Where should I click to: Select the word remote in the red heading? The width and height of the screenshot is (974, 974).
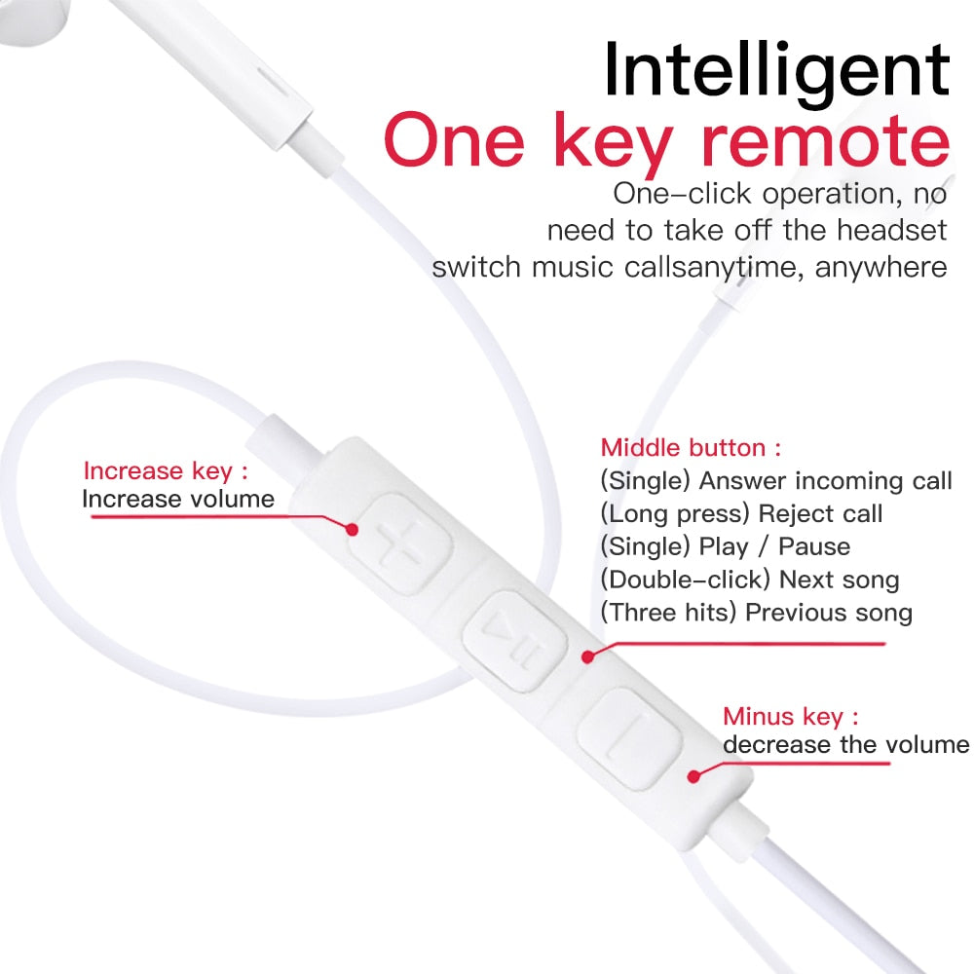pyautogui.click(x=826, y=142)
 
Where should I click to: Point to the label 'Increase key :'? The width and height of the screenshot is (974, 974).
pyautogui.click(x=166, y=471)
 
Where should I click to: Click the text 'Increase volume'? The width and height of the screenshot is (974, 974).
pyautogui.click(x=177, y=500)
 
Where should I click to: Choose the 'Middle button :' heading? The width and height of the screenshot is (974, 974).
pyautogui.click(x=691, y=448)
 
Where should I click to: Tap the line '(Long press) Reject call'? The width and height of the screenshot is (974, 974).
pyautogui.click(x=741, y=513)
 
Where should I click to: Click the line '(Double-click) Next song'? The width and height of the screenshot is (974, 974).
pyautogui.click(x=749, y=580)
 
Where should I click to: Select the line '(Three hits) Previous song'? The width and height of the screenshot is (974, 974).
pyautogui.click(x=756, y=613)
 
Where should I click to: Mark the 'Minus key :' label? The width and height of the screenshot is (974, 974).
pyautogui.click(x=791, y=717)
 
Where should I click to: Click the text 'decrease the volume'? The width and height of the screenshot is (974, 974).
pyautogui.click(x=845, y=745)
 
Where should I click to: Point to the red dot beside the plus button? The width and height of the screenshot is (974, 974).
pyautogui.click(x=355, y=530)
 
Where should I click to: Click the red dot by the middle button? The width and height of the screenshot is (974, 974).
pyautogui.click(x=587, y=657)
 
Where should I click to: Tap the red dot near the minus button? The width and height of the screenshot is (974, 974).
pyautogui.click(x=694, y=776)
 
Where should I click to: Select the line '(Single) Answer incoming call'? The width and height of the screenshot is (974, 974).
pyautogui.click(x=775, y=480)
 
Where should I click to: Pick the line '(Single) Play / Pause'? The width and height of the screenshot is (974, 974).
pyautogui.click(x=725, y=546)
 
